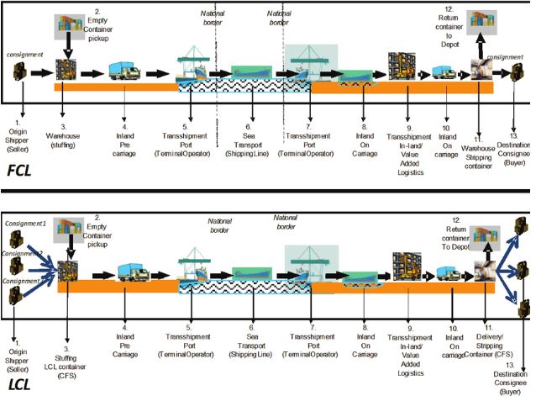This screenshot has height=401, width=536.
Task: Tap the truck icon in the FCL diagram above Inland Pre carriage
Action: (x=124, y=73)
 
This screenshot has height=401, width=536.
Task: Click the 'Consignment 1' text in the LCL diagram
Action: (x=23, y=224)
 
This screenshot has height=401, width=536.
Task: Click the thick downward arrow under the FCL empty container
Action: (x=68, y=47)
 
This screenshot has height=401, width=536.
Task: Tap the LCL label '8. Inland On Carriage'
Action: (x=365, y=331)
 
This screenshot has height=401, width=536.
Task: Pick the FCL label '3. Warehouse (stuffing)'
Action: (x=67, y=126)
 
